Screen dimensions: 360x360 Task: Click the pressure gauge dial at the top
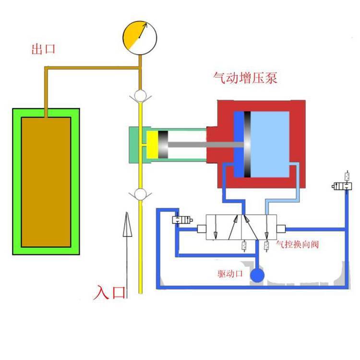pyautogui.click(x=140, y=37)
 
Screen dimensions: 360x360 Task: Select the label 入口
pyautogui.click(x=109, y=292)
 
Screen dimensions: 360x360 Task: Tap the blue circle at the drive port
pyautogui.click(x=258, y=275)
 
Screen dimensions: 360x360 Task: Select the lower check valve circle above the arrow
pyautogui.click(x=140, y=194)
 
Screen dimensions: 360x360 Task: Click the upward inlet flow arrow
pyautogui.click(x=126, y=250)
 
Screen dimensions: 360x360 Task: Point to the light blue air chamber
pyautogui.click(x=271, y=144)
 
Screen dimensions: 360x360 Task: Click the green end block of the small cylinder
pyautogui.click(x=134, y=144)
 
